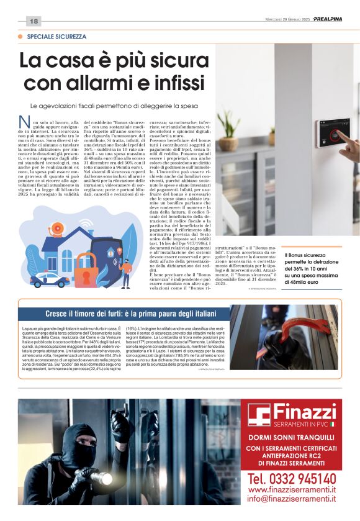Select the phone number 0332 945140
pos(292,479)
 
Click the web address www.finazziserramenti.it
pos(292,489)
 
